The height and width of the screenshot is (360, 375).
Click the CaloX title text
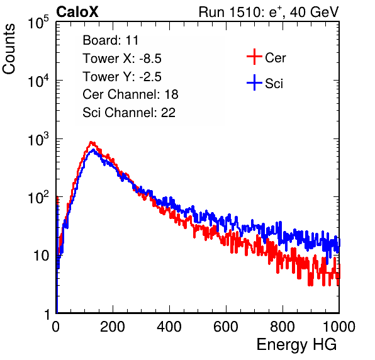tap(77, 12)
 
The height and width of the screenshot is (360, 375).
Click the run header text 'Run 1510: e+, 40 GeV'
tap(269, 12)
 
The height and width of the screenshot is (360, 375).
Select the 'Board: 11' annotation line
tap(111, 40)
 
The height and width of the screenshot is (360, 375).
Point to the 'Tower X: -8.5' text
tap(122, 59)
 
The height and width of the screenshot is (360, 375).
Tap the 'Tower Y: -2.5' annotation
tap(122, 77)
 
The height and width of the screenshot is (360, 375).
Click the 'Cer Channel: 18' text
tap(130, 94)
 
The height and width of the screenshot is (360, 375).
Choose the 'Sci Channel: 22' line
tap(129, 113)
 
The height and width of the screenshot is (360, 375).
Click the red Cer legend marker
tap(254, 57)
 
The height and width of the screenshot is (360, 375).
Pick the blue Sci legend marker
tap(254, 82)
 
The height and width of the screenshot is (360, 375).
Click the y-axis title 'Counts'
tap(9, 49)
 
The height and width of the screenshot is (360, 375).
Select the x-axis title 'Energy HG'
tap(296, 345)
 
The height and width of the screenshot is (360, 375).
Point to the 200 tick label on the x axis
tap(113, 327)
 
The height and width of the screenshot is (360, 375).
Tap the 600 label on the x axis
tap(226, 327)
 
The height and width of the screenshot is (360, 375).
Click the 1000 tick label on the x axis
tap(339, 327)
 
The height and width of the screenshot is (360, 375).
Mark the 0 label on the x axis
tap(56, 327)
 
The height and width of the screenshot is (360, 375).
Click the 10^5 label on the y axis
tap(38, 23)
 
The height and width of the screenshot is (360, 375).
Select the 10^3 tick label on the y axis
tap(38, 140)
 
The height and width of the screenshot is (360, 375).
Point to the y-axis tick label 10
tap(42, 256)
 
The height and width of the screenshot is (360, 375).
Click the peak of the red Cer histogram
tap(91, 142)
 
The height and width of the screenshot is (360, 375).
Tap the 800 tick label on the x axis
tap(283, 327)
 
